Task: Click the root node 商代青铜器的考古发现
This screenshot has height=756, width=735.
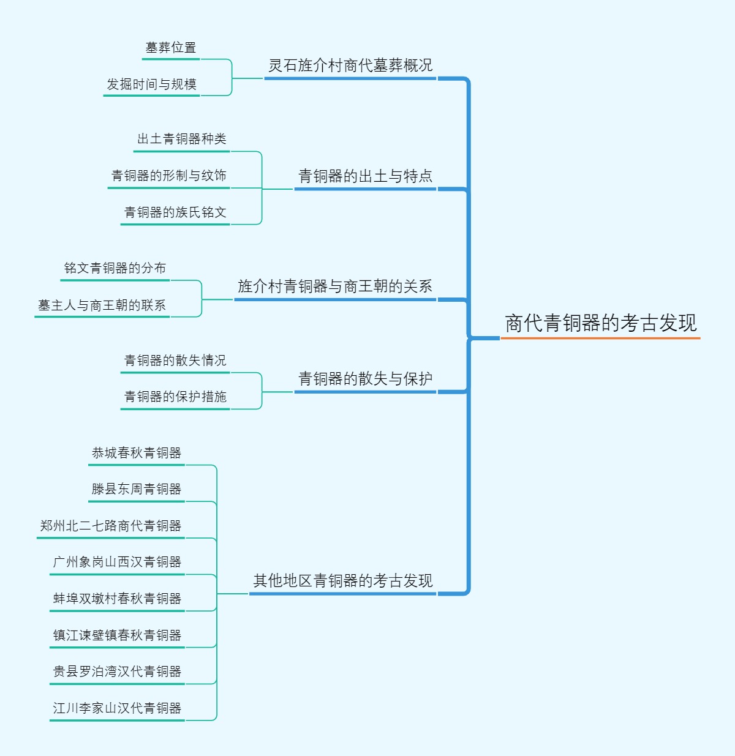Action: pos(600,323)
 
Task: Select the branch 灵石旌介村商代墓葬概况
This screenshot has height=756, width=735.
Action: pos(350,65)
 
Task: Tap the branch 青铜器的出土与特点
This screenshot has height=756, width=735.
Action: pos(365,176)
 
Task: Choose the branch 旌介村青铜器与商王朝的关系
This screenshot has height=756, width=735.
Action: pos(335,286)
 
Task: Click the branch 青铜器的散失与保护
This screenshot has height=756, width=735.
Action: pos(365,379)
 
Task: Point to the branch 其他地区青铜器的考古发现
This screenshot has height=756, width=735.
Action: pos(343,580)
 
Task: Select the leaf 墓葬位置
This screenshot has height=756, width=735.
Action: pos(171,47)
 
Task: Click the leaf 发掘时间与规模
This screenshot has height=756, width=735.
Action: pos(151,84)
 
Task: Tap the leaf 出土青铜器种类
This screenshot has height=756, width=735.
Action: pos(181,139)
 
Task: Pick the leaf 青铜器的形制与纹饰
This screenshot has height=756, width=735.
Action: pos(168,176)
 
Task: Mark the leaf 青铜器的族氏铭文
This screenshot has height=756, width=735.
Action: pos(175,212)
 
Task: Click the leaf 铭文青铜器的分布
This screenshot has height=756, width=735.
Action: pos(115,268)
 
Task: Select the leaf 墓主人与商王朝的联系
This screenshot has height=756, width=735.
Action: pos(102,305)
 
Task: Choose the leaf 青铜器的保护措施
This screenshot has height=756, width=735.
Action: pos(175,397)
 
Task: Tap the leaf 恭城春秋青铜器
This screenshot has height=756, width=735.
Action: pos(136,453)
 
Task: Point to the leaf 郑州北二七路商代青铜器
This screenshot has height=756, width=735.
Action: pos(110,526)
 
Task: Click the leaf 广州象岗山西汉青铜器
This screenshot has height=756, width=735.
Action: pos(117,562)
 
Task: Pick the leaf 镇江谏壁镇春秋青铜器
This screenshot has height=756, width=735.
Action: pos(117,635)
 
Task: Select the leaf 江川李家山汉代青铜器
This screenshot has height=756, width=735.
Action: pos(117,708)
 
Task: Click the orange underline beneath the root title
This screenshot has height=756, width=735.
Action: pos(600,338)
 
